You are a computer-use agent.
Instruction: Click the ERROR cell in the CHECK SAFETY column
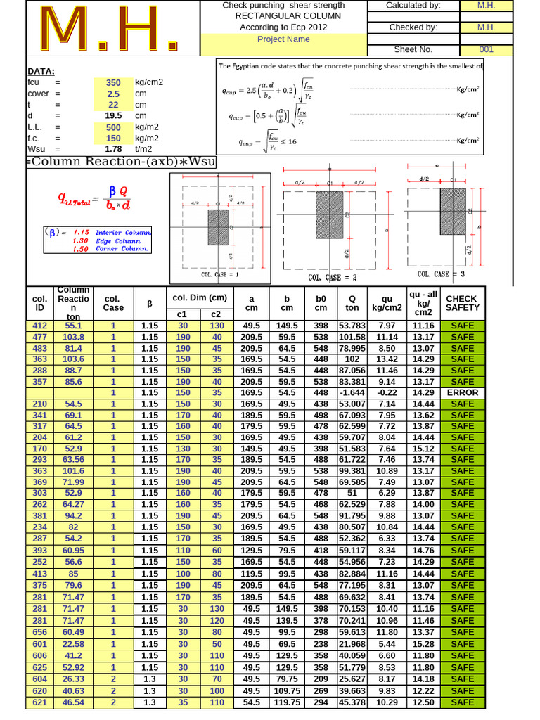click(462, 393)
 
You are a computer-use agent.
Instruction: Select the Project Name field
click(283, 39)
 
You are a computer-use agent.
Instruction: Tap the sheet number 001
click(487, 50)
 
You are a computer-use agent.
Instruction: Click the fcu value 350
click(113, 82)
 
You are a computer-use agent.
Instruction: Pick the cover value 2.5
click(113, 94)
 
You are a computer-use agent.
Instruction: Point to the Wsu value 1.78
click(113, 149)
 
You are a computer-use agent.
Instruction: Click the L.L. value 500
click(113, 127)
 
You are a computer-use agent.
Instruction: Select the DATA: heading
click(41, 71)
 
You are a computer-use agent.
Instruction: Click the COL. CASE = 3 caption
click(441, 274)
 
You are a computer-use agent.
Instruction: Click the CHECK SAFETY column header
click(462, 303)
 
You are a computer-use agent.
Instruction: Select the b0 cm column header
click(321, 303)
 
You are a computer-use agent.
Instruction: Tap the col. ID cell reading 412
click(40, 326)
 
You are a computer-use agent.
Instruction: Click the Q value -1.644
click(352, 393)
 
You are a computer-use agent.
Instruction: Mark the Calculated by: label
click(413, 6)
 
